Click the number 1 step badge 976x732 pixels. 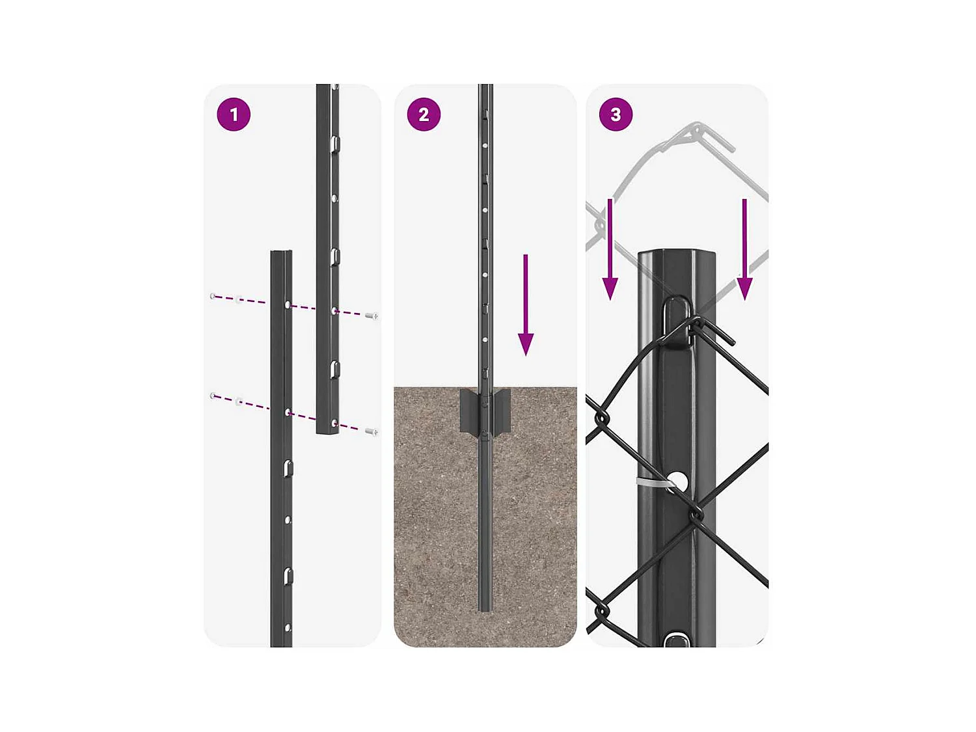point(234,115)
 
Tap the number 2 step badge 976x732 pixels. point(424,115)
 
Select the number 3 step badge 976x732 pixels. point(616,115)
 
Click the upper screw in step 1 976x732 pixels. point(372,316)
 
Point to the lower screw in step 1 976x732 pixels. point(372,431)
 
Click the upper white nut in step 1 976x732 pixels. point(238,298)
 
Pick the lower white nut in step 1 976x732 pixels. point(239,401)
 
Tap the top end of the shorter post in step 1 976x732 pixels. point(282,252)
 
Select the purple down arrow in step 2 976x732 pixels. point(526,305)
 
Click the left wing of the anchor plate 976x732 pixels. point(468,410)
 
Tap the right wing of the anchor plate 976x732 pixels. point(501,410)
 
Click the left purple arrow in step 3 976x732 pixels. point(610,249)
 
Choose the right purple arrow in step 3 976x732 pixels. point(744,249)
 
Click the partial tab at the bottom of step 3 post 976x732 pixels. point(676,640)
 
